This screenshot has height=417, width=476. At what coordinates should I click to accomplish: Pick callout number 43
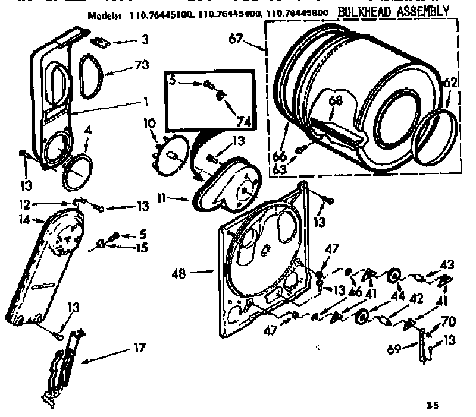click(x=447, y=264)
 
